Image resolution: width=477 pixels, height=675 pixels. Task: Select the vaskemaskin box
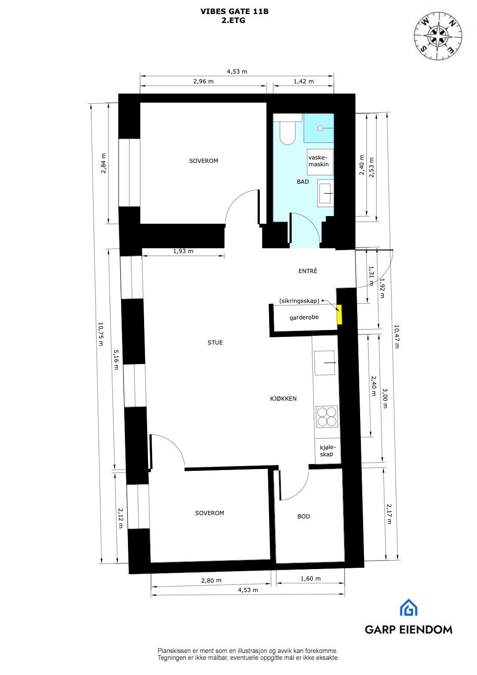point(319,161)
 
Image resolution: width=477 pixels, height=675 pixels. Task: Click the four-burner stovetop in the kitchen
point(327,416)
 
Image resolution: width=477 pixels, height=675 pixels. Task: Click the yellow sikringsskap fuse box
point(339,315)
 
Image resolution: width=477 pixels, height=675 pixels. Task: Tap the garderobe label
point(304,317)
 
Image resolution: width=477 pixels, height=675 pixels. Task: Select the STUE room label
point(215,342)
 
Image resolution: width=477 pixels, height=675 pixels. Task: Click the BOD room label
point(304,516)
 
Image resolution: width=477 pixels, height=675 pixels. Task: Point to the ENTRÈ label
point(308,271)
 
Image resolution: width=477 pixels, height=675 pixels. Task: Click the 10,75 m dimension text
point(100,334)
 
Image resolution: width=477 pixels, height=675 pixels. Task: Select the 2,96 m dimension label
point(203,81)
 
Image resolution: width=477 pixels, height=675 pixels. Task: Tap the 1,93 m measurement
point(183,251)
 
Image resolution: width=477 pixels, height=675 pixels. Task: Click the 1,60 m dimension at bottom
point(310,578)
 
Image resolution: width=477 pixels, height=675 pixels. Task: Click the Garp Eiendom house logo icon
point(408,608)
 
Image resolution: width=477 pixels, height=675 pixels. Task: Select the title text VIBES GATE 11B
point(234,12)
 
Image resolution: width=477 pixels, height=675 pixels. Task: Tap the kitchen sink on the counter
point(326,363)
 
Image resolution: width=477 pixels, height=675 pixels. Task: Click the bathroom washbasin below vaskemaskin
point(326,193)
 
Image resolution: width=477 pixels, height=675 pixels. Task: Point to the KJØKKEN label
point(284,399)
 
